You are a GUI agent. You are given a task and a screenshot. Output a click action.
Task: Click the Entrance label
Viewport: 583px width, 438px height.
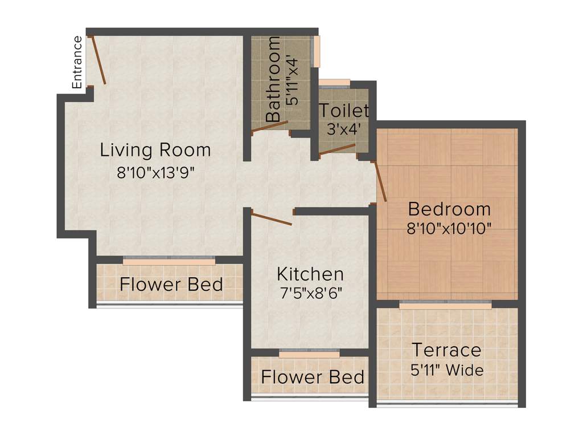coord(77,62)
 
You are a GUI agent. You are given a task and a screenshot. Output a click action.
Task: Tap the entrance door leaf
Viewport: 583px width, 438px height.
coord(97,60)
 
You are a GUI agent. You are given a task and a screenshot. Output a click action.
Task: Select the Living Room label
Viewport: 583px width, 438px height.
coord(155,151)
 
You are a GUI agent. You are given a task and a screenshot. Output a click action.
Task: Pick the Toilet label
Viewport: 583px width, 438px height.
coord(343,110)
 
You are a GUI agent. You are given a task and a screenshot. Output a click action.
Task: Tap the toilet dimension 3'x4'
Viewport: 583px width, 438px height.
coord(343,129)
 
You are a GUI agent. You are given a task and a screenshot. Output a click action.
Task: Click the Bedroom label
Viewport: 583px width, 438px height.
coord(449,209)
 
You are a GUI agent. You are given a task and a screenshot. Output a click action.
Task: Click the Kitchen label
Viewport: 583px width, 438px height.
coord(310,274)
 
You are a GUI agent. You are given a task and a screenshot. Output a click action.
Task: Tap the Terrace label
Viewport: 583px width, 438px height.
coord(446,349)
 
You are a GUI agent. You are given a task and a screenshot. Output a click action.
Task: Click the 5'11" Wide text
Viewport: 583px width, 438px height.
coord(447,370)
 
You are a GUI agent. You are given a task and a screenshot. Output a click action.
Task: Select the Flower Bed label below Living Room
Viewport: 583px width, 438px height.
coord(171,284)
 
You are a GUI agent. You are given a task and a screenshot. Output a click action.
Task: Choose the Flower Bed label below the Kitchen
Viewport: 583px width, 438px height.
coord(313,377)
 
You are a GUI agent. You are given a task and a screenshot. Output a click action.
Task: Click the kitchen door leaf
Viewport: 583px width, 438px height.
coord(272,220)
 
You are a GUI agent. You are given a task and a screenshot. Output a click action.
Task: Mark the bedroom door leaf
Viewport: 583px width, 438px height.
coord(380,181)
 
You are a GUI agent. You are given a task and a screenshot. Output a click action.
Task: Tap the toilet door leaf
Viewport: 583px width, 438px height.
coord(337,149)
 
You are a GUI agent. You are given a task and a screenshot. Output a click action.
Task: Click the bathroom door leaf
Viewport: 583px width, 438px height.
coord(270,127)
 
